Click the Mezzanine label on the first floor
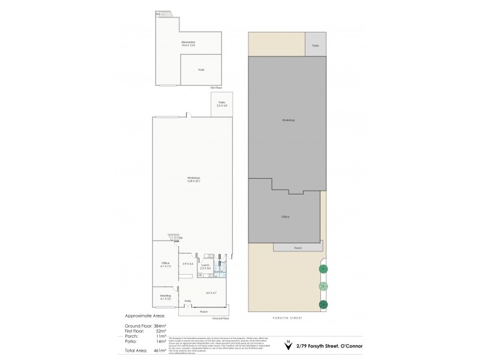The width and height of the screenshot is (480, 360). (188, 43)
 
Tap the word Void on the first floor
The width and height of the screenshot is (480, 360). (201, 70)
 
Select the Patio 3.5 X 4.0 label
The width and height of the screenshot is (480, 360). (222, 104)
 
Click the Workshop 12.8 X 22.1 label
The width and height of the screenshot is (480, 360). (193, 179)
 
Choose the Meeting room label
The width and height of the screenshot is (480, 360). (166, 296)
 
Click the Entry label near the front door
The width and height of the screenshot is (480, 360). (188, 301)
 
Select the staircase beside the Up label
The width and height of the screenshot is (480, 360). (173, 238)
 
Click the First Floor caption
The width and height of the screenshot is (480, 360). (217, 88)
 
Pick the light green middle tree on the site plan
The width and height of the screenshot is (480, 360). (323, 286)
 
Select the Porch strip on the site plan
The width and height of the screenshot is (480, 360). (298, 247)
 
